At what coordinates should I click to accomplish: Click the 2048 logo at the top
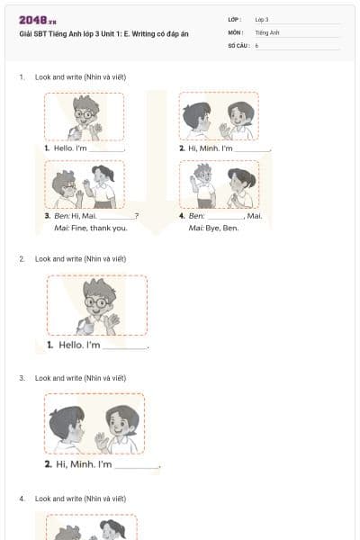[x=37, y=19]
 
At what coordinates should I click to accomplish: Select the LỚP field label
[x=235, y=19]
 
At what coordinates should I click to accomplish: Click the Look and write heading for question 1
[x=80, y=77]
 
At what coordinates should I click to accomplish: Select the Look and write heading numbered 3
[x=80, y=378]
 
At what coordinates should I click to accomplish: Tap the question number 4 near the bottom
[x=22, y=498]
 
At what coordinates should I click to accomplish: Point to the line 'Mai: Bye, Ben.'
[x=214, y=228]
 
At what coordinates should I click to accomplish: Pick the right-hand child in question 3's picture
[x=121, y=427]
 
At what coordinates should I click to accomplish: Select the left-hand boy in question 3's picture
[x=68, y=427]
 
